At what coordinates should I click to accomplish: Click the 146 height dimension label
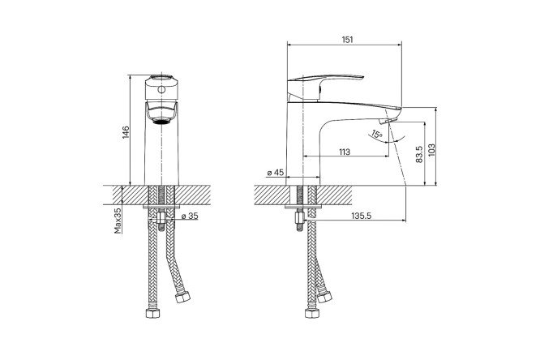125,132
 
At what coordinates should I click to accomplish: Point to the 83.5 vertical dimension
418,154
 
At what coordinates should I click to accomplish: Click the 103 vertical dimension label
432,151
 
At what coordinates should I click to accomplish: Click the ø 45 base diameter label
275,173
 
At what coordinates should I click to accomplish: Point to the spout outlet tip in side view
392,122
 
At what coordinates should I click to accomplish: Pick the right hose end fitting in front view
182,300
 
